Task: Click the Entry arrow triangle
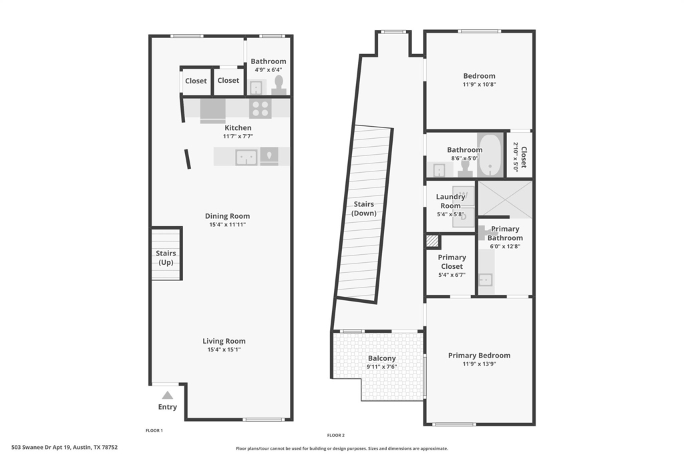[x=168, y=396]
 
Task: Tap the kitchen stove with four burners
[x=261, y=109]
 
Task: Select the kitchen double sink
[x=246, y=157]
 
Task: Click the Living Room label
[x=224, y=342]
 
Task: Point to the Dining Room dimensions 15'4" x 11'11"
[x=227, y=225]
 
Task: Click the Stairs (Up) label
[x=166, y=258]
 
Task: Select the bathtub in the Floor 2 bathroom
[x=491, y=155]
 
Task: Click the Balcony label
[x=381, y=358]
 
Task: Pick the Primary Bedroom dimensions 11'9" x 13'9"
[x=480, y=364]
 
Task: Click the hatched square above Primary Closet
[x=432, y=241]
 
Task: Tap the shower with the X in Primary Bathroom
[x=506, y=199]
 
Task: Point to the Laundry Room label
[x=451, y=201]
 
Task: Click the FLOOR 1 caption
[x=154, y=430]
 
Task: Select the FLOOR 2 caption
[x=336, y=436]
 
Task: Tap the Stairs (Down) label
[x=364, y=208]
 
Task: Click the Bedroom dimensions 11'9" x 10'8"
[x=480, y=85]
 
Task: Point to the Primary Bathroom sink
[x=486, y=280]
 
